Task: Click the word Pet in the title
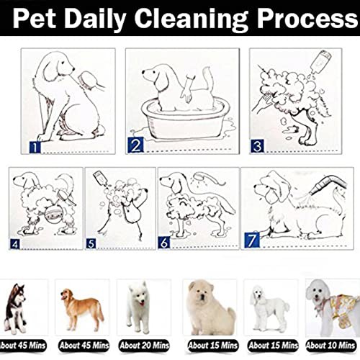(x=34, y=19)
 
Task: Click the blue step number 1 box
(x=35, y=147)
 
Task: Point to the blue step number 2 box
(x=135, y=145)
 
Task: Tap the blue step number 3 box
(x=257, y=146)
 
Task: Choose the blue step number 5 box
(x=91, y=244)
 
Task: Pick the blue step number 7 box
(x=252, y=240)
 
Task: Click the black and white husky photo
(x=17, y=309)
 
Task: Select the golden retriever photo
(x=82, y=309)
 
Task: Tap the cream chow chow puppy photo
(x=211, y=308)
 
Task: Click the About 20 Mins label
(x=144, y=346)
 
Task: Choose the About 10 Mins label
(x=330, y=346)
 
